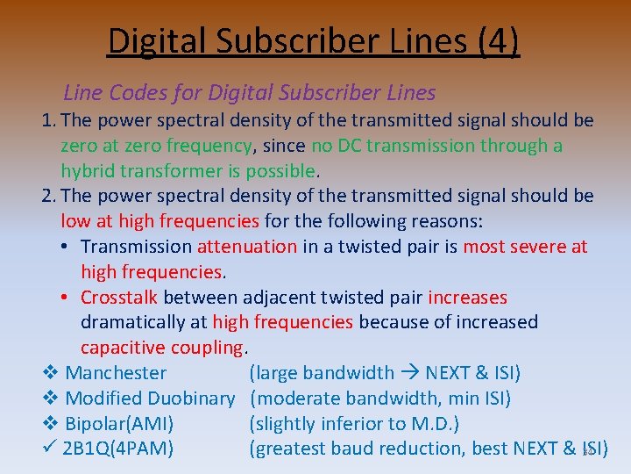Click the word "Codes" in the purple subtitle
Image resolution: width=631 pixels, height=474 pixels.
pyautogui.click(x=137, y=92)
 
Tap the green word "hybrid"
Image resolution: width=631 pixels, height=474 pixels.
pyautogui.click(x=89, y=171)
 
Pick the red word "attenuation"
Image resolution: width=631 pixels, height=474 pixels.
pyautogui.click(x=247, y=247)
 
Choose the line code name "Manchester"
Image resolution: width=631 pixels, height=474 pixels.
pyautogui.click(x=116, y=373)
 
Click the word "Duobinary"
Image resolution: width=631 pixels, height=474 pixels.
pyautogui.click(x=192, y=399)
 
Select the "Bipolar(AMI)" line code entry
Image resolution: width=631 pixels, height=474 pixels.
pyautogui.click(x=119, y=424)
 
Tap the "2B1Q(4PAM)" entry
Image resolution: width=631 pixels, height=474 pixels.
pyautogui.click(x=118, y=449)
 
